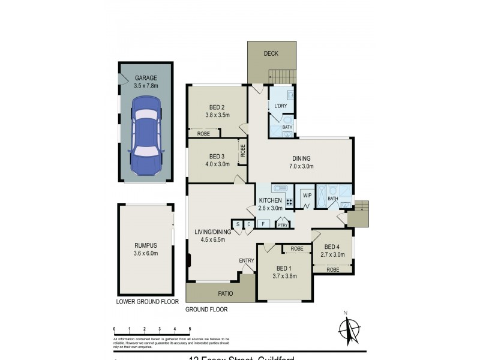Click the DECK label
[272, 54]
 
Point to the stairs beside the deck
[282, 77]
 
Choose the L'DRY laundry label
[280, 107]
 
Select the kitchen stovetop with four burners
[289, 202]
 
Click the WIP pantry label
[307, 196]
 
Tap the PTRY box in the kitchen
[283, 225]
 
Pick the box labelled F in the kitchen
[262, 224]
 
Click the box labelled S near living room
[238, 224]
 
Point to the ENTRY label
[247, 260]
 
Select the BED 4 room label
[332, 250]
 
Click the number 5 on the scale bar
[190, 329]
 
